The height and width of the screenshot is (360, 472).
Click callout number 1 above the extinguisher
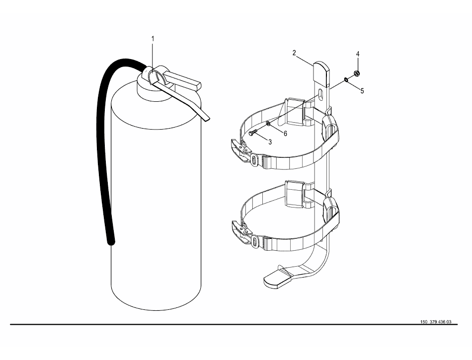[x=153, y=39]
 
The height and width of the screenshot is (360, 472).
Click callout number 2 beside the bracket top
[x=294, y=53]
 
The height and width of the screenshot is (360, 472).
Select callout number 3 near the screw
[x=270, y=142]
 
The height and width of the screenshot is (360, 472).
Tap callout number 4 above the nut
[x=358, y=54]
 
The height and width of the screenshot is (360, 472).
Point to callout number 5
[x=362, y=91]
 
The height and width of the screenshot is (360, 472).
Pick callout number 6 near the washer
[x=285, y=134]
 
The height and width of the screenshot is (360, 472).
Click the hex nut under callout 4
[x=356, y=73]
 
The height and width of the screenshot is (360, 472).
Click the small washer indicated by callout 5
[x=346, y=80]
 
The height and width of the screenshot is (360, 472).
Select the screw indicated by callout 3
[x=253, y=132]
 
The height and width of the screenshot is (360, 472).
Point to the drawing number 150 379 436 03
[x=436, y=322]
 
